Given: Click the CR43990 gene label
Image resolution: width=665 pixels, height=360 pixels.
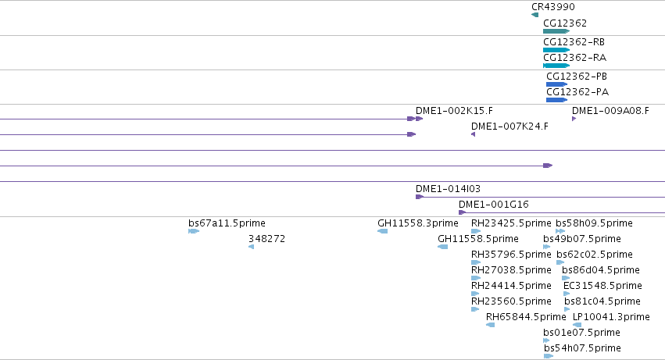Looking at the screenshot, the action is pyautogui.click(x=553, y=7).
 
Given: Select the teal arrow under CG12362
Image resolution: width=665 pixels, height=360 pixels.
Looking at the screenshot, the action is pyautogui.click(x=556, y=31).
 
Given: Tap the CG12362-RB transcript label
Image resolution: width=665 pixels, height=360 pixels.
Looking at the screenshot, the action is pyautogui.click(x=574, y=42).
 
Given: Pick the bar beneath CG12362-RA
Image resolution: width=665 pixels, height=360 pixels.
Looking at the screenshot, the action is pyautogui.click(x=556, y=66).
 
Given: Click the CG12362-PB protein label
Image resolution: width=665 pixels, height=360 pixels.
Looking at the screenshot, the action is pyautogui.click(x=577, y=77).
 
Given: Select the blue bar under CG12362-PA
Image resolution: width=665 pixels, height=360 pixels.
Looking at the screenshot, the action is pyautogui.click(x=557, y=100).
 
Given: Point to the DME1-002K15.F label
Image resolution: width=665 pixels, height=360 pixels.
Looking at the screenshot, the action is pyautogui.click(x=454, y=111).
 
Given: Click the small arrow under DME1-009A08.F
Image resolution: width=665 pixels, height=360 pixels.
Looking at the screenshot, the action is pyautogui.click(x=574, y=119).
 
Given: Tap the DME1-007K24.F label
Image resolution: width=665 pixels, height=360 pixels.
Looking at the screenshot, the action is pyautogui.click(x=509, y=127).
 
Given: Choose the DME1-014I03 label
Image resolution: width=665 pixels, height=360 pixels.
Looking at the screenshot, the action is pyautogui.click(x=448, y=189).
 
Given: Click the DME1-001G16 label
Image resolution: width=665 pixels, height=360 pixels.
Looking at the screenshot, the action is pyautogui.click(x=494, y=205).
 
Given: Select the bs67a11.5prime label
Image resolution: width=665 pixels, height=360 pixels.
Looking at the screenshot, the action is pyautogui.click(x=227, y=223).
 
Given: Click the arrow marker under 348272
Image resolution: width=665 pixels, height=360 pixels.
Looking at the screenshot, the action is pyautogui.click(x=251, y=247).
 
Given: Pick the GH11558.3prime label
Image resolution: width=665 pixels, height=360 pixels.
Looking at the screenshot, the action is pyautogui.click(x=418, y=223).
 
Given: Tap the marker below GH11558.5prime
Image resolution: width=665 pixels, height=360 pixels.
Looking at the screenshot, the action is pyautogui.click(x=443, y=247).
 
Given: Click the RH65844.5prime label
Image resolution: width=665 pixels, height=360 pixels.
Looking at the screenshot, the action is pyautogui.click(x=526, y=317).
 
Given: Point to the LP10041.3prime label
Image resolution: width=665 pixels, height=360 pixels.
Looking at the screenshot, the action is pyautogui.click(x=611, y=317).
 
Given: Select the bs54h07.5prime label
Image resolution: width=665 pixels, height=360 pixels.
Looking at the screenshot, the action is pyautogui.click(x=582, y=348).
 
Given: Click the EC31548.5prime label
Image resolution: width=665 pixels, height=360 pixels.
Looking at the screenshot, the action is pyautogui.click(x=602, y=286).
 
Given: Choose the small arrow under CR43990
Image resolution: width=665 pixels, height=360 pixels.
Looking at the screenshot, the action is pyautogui.click(x=535, y=15).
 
